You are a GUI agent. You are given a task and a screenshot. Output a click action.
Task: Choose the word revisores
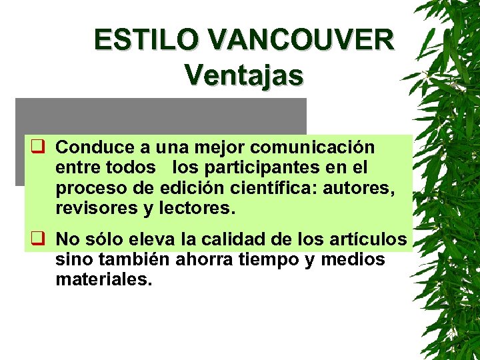(x=96, y=209)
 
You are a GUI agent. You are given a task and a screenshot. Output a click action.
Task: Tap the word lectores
(x=197, y=209)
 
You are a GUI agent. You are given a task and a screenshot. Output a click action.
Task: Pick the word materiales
(x=104, y=279)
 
